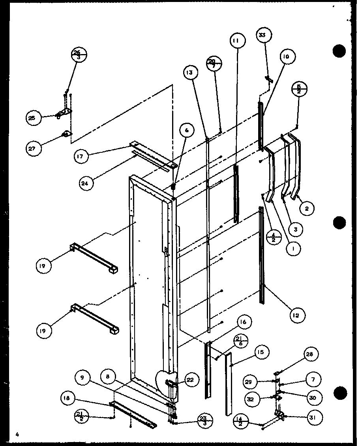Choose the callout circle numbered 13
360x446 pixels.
190,73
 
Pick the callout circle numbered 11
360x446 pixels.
238,41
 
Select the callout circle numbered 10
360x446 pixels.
286,57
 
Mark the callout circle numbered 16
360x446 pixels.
243,322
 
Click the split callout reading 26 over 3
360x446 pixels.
79,55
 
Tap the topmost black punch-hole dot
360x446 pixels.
340,51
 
